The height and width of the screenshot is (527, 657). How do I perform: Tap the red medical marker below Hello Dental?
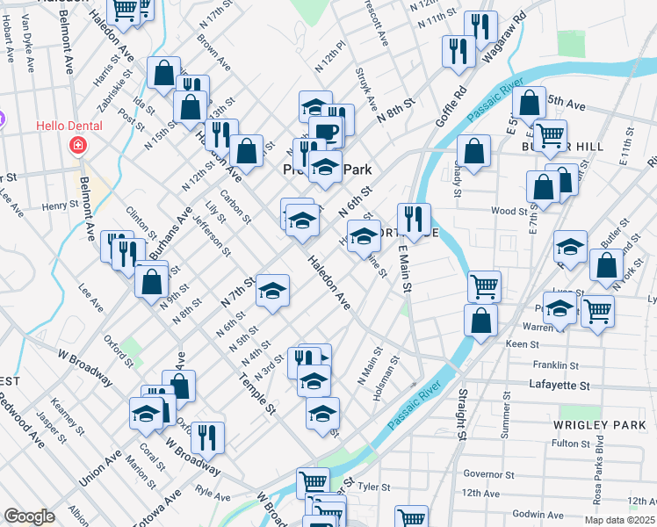[x=77, y=145]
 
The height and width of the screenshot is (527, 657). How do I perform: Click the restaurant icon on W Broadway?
[x=207, y=437]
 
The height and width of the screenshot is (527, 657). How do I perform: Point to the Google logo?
[x=29, y=516]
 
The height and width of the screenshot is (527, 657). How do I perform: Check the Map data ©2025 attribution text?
[x=617, y=520]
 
